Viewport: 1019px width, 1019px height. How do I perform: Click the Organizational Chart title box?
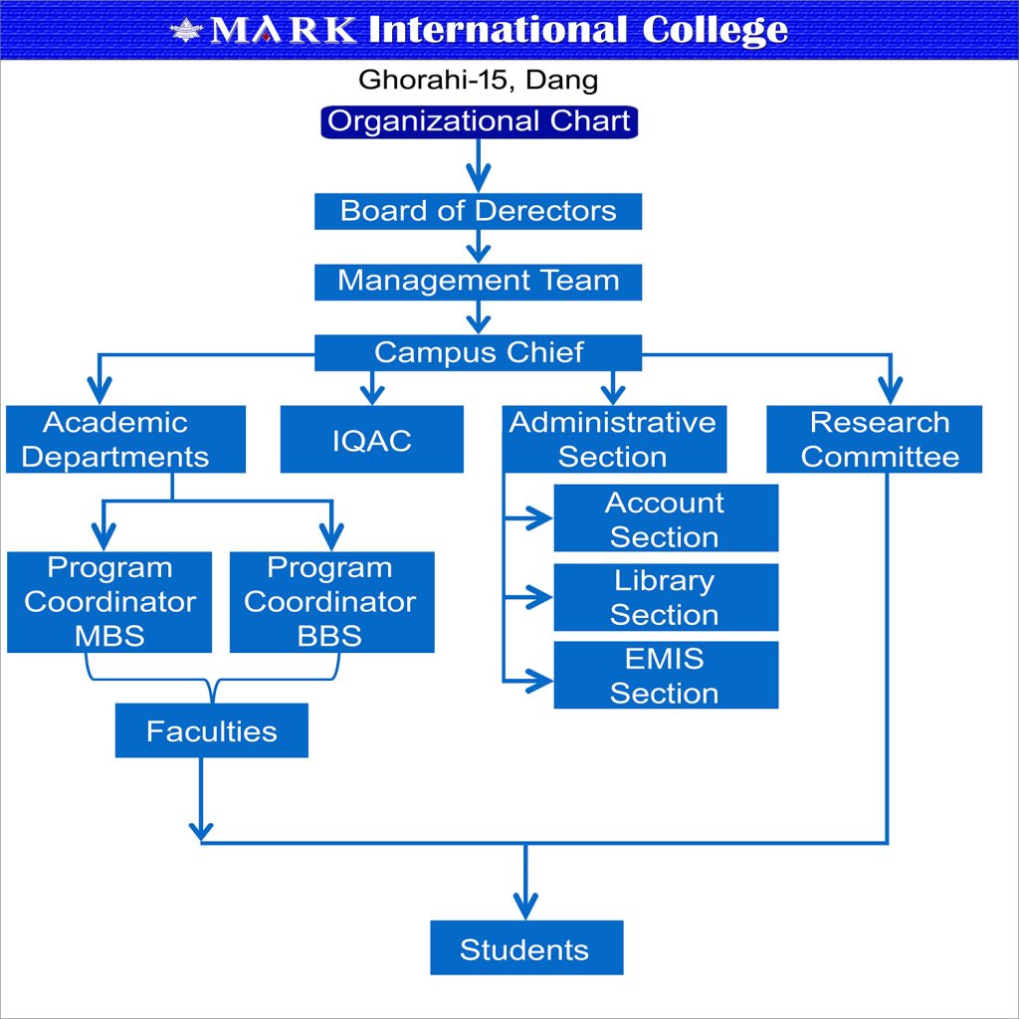point(479,122)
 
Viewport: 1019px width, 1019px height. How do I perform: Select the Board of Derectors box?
point(479,211)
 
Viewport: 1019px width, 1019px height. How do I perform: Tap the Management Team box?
point(479,281)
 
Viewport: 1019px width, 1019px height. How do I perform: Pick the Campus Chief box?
point(479,352)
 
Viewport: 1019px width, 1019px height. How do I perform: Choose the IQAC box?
point(372,440)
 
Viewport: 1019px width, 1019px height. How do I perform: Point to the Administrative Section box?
point(613,439)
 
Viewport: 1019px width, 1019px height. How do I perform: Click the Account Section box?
point(665,518)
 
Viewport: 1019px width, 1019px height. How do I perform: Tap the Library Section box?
point(665,597)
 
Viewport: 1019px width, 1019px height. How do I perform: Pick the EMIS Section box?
point(665,675)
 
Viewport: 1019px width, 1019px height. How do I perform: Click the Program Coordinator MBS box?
point(109,602)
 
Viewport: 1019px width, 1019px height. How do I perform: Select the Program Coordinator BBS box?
point(331,602)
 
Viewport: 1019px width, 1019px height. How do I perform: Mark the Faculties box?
point(211,731)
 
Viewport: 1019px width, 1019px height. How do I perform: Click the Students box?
point(525,948)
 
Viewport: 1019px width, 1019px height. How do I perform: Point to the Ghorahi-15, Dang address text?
point(478,80)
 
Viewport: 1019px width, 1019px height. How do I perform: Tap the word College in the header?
point(714,30)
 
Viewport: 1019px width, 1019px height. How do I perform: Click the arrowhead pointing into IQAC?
point(372,389)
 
